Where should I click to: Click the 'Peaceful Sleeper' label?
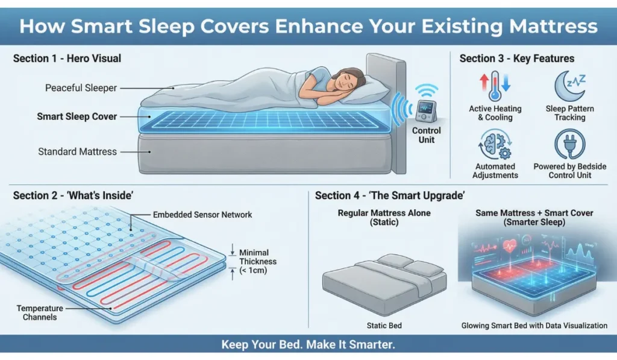pyautogui.click(x=81, y=88)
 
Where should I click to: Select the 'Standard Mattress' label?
pyautogui.click(x=77, y=151)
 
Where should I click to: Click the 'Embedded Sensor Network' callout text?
pyautogui.click(x=202, y=215)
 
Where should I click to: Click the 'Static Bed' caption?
pyautogui.click(x=384, y=326)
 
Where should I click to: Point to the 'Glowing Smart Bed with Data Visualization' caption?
pyautogui.click(x=534, y=326)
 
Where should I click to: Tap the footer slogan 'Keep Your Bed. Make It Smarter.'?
pyautogui.click(x=308, y=346)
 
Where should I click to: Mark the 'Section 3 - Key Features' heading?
pyautogui.click(x=516, y=58)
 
